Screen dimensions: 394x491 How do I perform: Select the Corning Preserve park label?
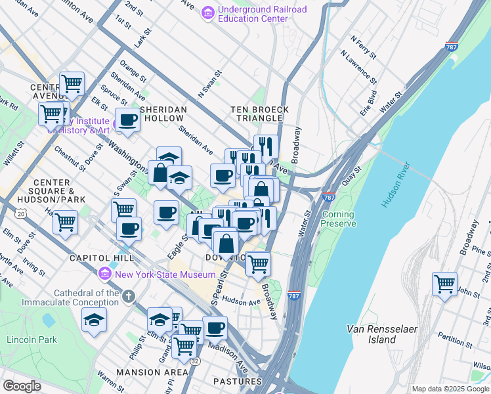[338, 219]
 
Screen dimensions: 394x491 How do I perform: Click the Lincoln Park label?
[31, 339]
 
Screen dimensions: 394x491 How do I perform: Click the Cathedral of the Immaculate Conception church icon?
[128, 297]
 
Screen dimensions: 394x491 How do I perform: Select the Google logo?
[22, 385]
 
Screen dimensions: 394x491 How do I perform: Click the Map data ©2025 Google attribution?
[450, 389]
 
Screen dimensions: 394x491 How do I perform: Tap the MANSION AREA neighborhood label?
[152, 372]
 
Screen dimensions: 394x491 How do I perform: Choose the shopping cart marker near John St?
[445, 284]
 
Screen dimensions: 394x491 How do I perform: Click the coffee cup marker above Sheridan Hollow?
[128, 120]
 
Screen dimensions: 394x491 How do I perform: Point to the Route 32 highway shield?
[195, 361]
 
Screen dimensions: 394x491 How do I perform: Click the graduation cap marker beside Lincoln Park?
[95, 320]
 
